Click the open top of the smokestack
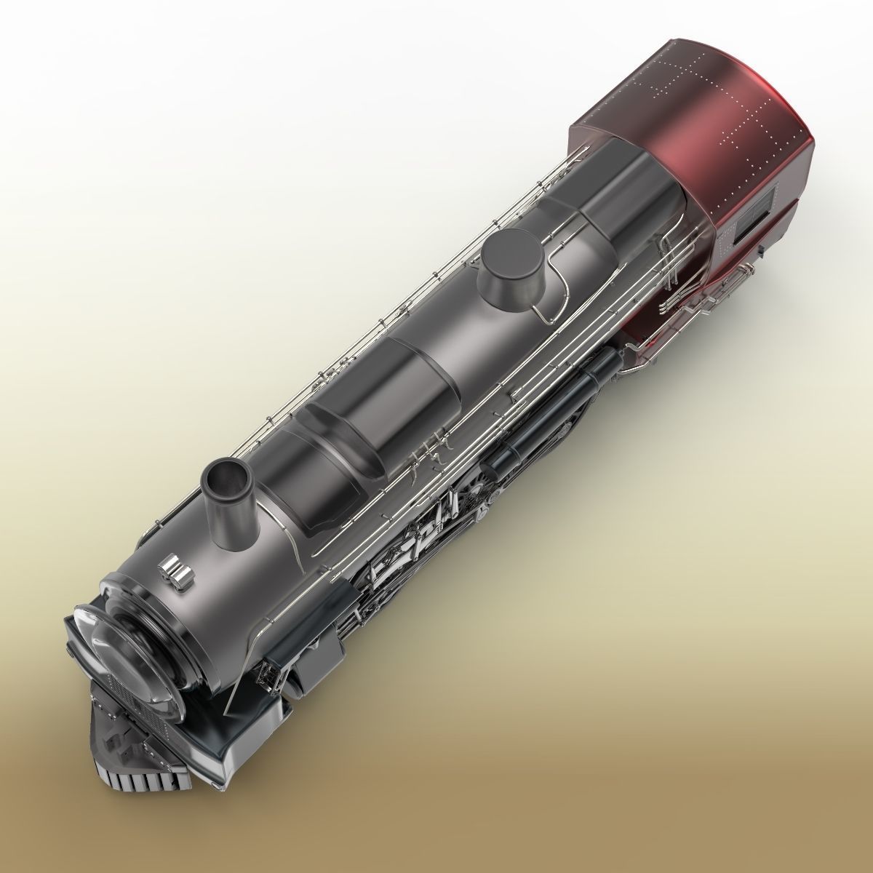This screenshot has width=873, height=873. point(226,477)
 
